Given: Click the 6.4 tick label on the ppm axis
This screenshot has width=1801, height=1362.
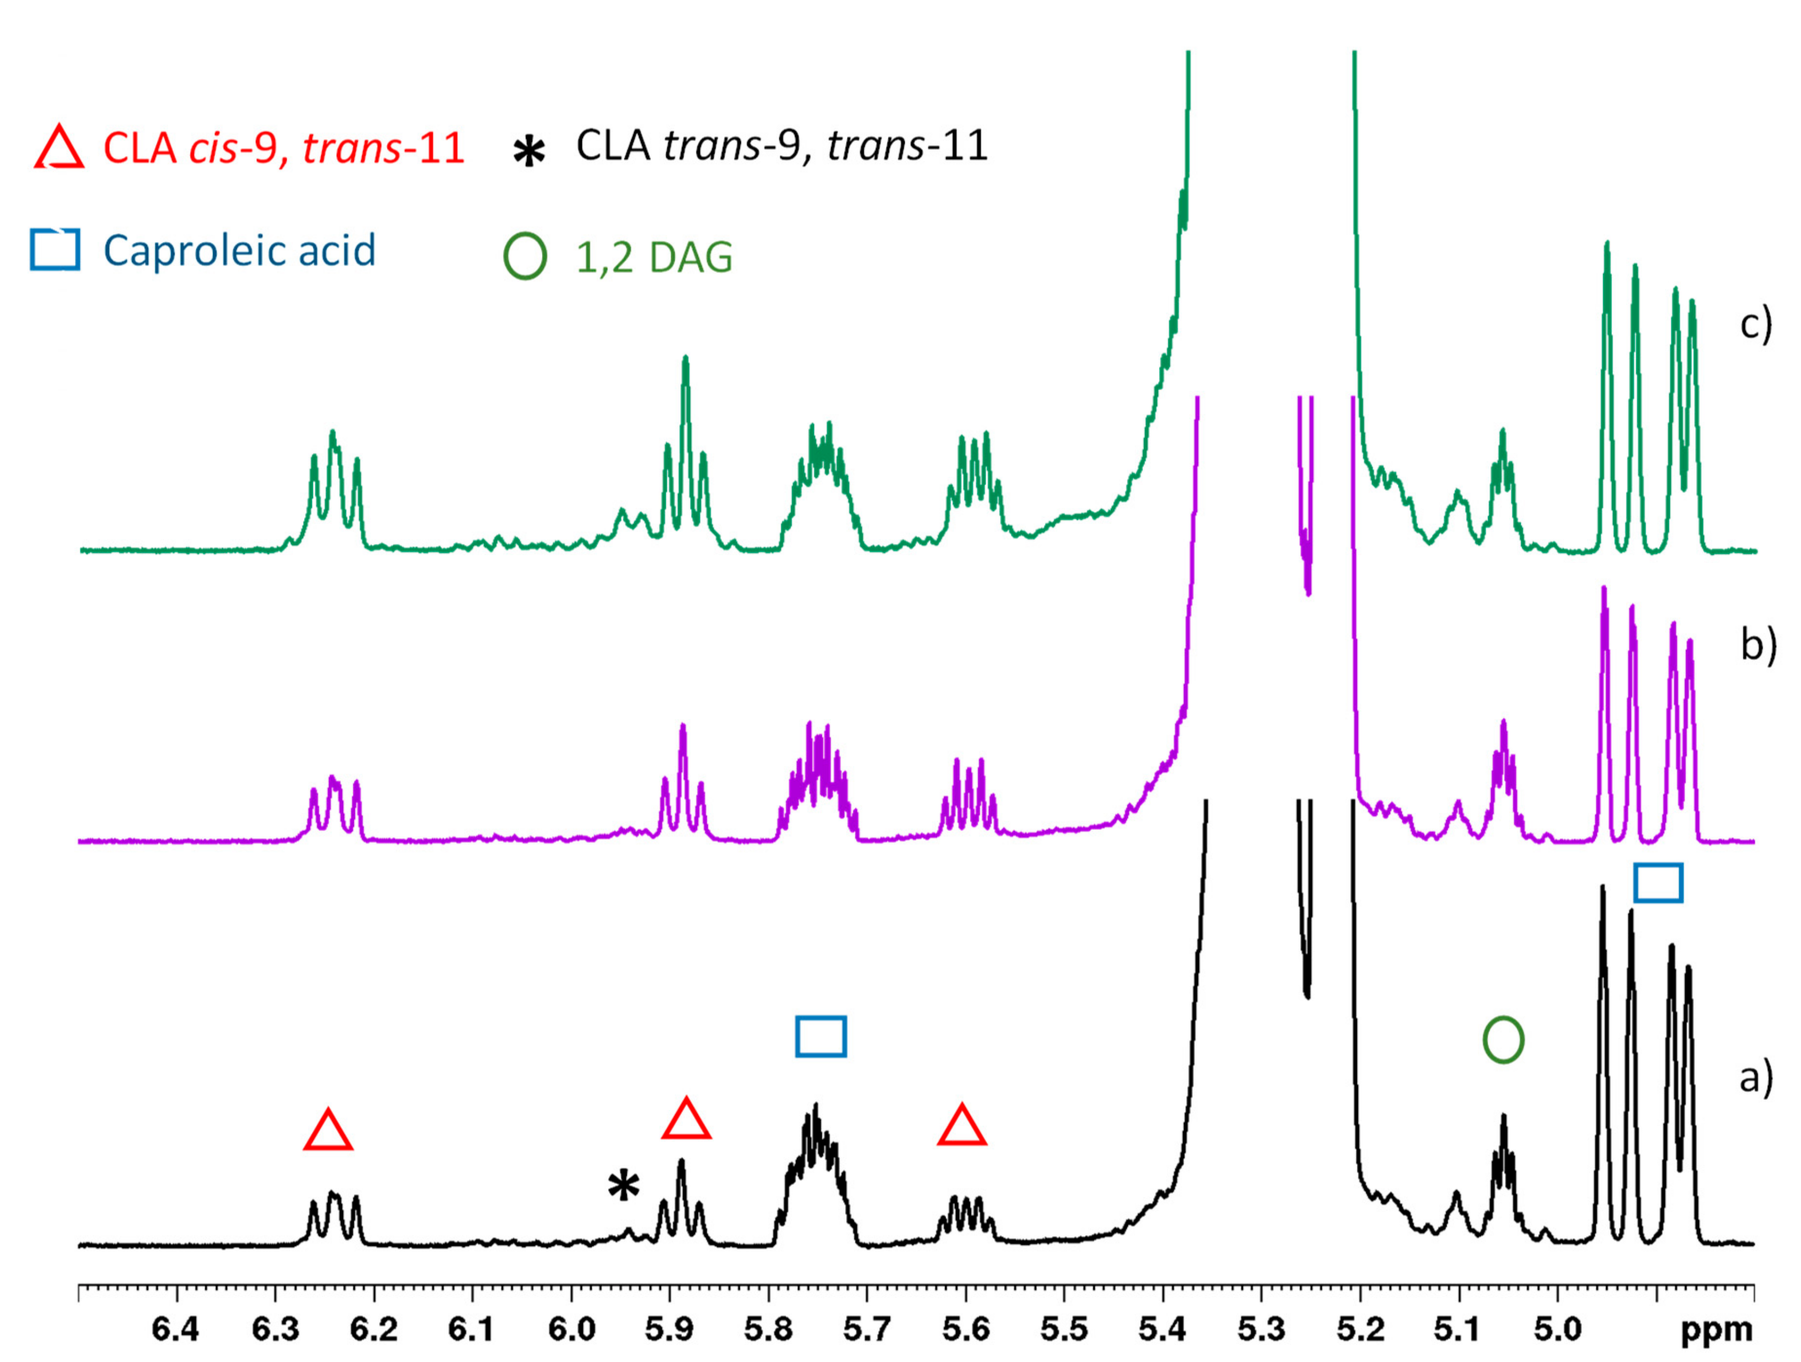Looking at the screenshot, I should pyautogui.click(x=176, y=1329).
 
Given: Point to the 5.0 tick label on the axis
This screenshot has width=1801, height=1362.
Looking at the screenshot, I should pyautogui.click(x=1557, y=1329).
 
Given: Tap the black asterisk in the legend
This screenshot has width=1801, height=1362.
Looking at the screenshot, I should pyautogui.click(x=529, y=151).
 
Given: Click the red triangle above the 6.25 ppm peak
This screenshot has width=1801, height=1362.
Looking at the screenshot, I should pyautogui.click(x=328, y=1131).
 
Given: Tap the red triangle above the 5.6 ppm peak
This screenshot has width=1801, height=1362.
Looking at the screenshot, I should pyautogui.click(x=962, y=1127).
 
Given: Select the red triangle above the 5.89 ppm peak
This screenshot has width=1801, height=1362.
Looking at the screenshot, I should pyautogui.click(x=687, y=1120).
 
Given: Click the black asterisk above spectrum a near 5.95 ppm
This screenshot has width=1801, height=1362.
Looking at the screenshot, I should pyautogui.click(x=624, y=1186).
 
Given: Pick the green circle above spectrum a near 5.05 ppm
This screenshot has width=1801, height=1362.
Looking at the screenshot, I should pyautogui.click(x=1503, y=1040).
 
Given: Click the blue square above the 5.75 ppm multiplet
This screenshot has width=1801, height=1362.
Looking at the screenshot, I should pyautogui.click(x=821, y=1036).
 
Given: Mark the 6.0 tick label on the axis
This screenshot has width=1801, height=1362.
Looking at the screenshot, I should pyautogui.click(x=571, y=1329).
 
